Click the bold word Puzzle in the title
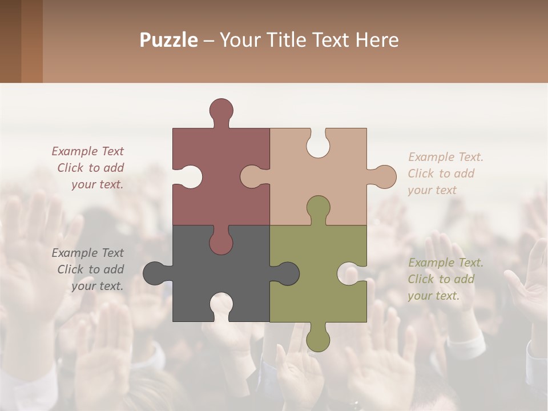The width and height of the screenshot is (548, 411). (168, 40)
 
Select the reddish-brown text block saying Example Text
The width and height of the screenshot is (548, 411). (88, 168)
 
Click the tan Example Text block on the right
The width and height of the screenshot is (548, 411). (445, 174)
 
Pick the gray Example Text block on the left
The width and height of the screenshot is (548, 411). (88, 269)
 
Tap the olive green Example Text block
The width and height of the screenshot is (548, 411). (445, 279)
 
